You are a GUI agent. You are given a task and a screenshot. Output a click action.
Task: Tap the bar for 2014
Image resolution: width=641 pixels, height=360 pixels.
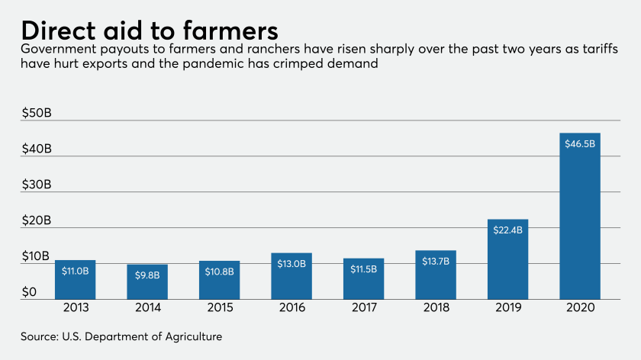coord(147,282)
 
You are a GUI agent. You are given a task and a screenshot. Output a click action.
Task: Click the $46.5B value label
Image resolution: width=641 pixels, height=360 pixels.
coord(579,143)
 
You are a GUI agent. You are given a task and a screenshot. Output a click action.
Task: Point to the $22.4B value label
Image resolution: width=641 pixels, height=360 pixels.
coord(507,230)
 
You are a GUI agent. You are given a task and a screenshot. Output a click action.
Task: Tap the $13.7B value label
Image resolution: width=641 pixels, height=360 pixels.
coord(436,261)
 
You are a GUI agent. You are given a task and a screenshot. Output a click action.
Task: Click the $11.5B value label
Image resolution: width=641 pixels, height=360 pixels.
coord(363,268)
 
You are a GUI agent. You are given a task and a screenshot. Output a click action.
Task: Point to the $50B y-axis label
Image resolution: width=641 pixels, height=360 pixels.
coord(37,113)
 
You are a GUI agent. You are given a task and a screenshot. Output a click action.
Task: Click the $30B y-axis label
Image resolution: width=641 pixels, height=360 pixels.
coord(37,185)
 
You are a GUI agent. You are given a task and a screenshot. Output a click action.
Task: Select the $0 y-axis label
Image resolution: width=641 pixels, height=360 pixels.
coord(29,292)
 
